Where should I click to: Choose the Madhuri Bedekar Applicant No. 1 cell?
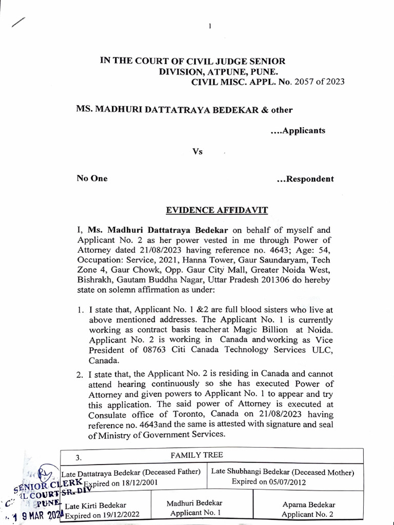tap(194, 508)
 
